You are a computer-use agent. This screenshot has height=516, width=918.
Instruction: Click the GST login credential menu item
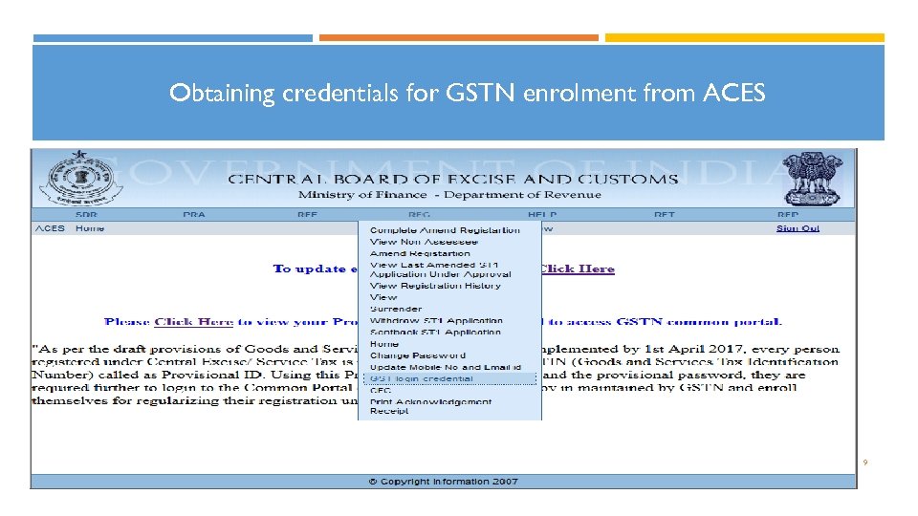pos(422,378)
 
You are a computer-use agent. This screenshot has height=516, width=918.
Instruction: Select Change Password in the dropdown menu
pos(418,355)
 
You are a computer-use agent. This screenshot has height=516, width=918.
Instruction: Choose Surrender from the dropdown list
pos(396,309)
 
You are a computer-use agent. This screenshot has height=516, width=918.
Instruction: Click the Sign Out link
pos(798,228)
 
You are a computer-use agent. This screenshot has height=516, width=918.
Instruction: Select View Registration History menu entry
pos(435,286)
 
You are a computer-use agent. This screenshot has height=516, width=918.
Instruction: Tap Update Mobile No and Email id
pos(446,367)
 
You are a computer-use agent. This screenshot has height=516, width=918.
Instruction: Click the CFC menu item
pos(381,390)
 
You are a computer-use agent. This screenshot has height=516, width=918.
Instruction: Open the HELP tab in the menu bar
pos(542,215)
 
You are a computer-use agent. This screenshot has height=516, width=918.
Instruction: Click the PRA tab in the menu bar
pos(194,215)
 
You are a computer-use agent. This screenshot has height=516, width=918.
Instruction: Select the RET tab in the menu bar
pos(665,215)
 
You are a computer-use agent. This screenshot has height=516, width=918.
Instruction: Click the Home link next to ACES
pos(90,228)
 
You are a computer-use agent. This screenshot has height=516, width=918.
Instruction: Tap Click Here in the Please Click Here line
pos(194,322)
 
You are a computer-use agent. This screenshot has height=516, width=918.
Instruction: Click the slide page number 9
pos(865,462)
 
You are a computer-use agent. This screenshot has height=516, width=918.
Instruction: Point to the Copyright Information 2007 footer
pos(444,481)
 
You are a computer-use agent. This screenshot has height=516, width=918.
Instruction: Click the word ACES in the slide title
pos(734,94)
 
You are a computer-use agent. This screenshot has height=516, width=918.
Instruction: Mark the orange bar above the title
pos(458,38)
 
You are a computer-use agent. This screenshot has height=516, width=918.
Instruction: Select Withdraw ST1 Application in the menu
pos(436,321)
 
